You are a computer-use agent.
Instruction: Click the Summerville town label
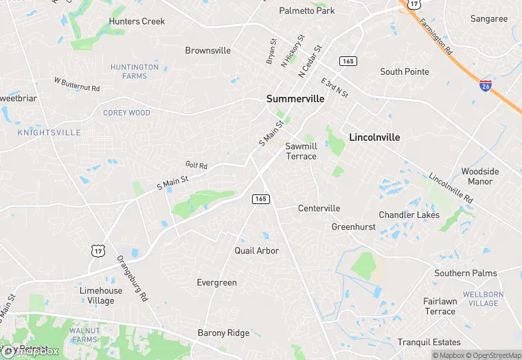tap(295, 99)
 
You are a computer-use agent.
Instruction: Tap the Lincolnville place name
tap(374, 137)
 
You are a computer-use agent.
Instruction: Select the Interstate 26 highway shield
tap(486, 85)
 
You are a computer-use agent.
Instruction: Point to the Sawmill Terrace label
tap(301, 151)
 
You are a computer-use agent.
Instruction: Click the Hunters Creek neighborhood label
tap(137, 21)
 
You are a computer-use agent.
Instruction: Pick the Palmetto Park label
tap(306, 11)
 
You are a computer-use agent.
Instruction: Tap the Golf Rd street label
tap(196, 166)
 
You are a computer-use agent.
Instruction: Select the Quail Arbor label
tap(257, 251)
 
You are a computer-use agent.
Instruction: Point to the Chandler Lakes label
tap(409, 215)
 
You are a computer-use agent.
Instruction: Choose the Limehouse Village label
tap(101, 295)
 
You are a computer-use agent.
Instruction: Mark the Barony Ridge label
tap(223, 333)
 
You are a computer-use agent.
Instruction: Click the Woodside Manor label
tap(480, 177)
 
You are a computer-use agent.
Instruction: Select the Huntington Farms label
tap(135, 71)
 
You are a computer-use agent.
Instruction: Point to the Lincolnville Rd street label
tap(451, 188)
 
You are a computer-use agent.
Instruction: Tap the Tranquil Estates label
tap(429, 342)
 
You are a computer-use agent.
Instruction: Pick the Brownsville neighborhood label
tap(208, 51)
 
